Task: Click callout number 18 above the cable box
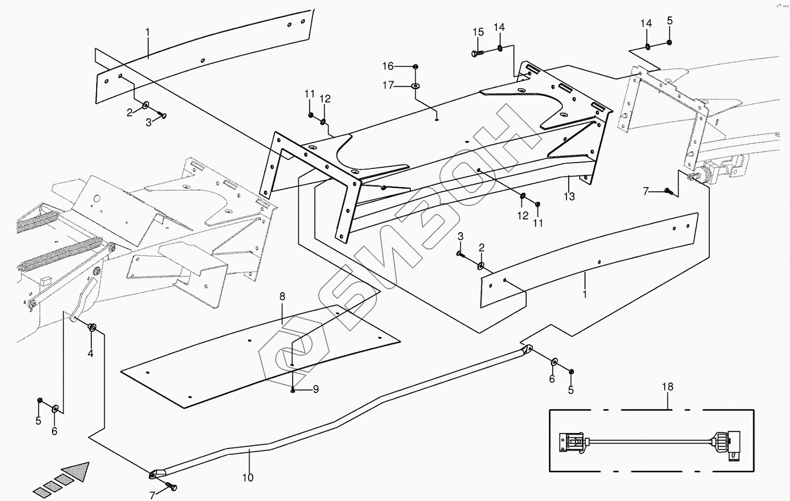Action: click(667, 386)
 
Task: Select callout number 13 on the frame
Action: click(569, 197)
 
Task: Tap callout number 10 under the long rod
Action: click(248, 477)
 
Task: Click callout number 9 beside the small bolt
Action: click(315, 389)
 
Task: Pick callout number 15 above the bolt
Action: click(478, 32)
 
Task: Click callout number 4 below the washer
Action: click(90, 353)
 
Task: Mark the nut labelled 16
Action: click(415, 66)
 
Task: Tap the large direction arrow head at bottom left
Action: click(77, 471)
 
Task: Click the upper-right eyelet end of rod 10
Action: click(527, 350)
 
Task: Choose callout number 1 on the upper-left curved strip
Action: click(148, 32)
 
